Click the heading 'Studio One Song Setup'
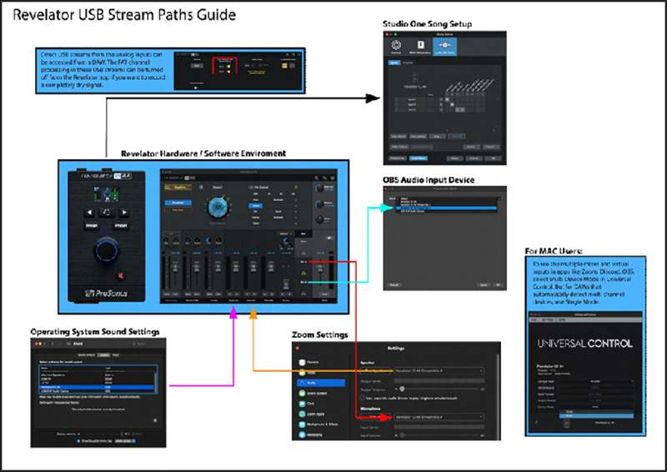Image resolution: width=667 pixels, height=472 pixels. (x=427, y=24)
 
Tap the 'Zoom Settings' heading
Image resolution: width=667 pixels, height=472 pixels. (x=319, y=335)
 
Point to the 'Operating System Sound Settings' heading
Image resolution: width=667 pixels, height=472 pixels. (x=94, y=332)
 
